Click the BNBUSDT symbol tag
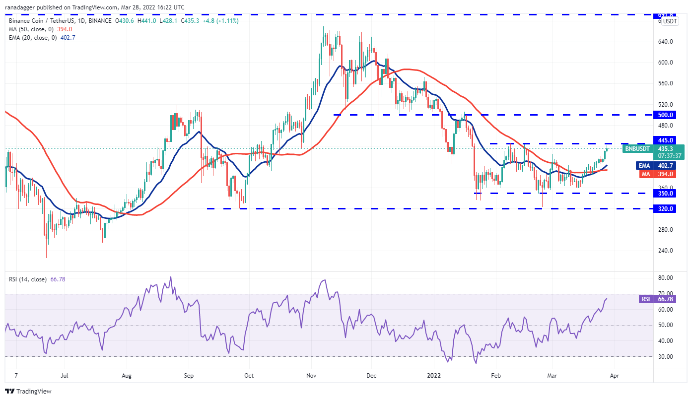637,148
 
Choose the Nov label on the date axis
312,376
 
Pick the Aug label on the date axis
127,376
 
